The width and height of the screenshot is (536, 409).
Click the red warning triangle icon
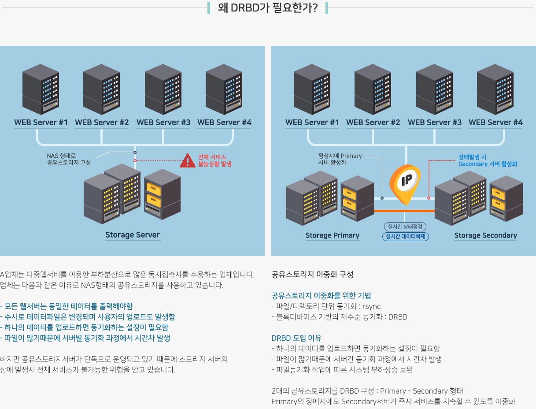(188, 161)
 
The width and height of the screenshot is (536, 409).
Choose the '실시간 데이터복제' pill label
(405, 237)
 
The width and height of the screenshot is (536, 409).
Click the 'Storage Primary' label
(333, 235)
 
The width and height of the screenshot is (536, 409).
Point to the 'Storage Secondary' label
(485, 235)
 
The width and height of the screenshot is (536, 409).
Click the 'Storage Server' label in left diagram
(132, 234)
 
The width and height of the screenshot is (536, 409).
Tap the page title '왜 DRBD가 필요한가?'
(268, 8)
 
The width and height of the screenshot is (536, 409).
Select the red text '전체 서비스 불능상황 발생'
(214, 160)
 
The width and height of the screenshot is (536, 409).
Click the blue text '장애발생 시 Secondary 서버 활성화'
(488, 160)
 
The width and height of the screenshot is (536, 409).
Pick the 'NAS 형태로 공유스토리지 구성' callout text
(69, 159)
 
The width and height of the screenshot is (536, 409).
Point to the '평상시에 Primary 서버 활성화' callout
(340, 159)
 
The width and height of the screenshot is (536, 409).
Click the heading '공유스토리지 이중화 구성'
(312, 275)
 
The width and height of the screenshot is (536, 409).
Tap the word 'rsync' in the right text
(372, 306)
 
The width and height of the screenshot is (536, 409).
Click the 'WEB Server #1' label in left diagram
(41, 122)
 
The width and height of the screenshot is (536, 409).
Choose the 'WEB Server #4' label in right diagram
(495, 122)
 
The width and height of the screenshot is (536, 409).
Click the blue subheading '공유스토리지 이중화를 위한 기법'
(321, 296)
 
